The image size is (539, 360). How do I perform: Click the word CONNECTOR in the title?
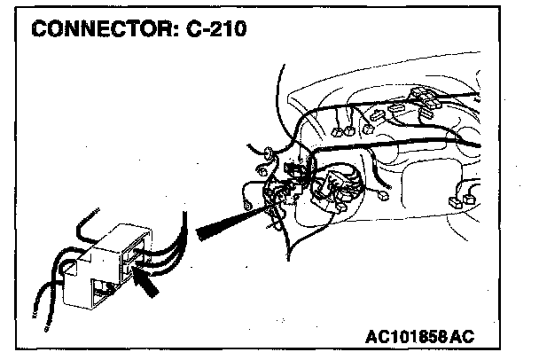tap(97, 29)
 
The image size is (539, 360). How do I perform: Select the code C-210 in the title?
tap(213, 29)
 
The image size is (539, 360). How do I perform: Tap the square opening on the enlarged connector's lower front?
tap(101, 288)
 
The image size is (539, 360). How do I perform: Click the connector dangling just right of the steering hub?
tap(380, 198)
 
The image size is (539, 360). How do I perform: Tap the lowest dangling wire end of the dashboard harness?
tap(285, 258)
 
